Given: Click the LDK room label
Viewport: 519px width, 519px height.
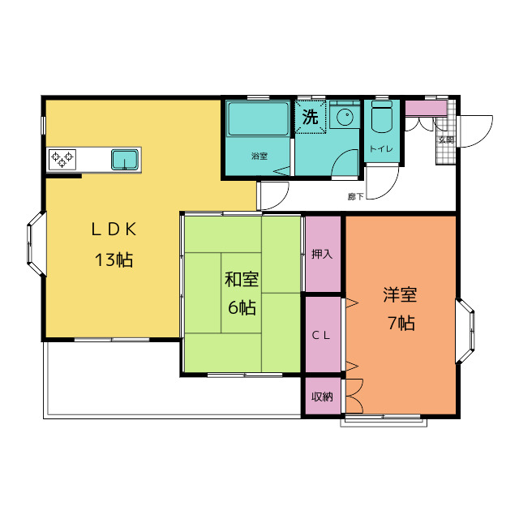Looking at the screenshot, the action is click(x=114, y=229).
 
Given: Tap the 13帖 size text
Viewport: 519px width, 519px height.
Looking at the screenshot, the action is click(x=114, y=259).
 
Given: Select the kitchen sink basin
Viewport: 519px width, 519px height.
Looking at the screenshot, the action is click(x=125, y=159).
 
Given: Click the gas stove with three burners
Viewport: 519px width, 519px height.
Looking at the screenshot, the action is click(x=62, y=159).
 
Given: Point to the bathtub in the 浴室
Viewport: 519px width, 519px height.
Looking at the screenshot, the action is click(x=258, y=119).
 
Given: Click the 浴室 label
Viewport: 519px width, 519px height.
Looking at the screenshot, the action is click(x=259, y=156).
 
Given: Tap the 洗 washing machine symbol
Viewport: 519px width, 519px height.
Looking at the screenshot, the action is click(x=310, y=117).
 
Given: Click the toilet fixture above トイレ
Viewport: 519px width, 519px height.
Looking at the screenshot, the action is click(x=382, y=117).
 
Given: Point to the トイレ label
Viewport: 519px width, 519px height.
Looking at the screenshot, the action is click(x=382, y=149).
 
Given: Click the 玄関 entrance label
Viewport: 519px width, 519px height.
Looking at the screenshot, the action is click(x=446, y=139).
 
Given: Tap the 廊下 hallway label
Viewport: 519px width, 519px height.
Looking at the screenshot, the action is click(x=356, y=196).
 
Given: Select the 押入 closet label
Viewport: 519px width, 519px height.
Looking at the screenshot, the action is click(x=322, y=254).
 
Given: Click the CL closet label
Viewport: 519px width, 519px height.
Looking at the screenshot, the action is click(x=321, y=336).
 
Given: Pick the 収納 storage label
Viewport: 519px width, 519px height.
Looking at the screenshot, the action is click(x=322, y=397).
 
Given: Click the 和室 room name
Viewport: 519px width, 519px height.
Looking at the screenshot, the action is click(x=242, y=279).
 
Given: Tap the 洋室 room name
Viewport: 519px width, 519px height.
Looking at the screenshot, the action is click(x=400, y=294).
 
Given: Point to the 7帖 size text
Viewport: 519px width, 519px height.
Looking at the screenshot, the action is click(x=401, y=323).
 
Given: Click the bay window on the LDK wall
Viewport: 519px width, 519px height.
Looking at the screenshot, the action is click(x=36, y=244).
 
